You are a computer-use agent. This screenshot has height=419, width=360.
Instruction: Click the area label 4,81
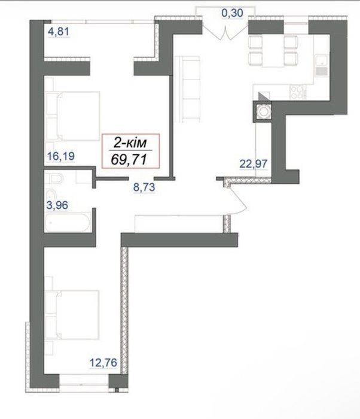(59, 32)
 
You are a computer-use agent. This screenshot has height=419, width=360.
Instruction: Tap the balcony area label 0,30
(232, 13)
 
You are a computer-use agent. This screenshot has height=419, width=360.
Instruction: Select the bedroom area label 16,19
(60, 156)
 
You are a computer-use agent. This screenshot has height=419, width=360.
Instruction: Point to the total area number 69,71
(129, 160)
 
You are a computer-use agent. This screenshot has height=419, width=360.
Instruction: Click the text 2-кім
(130, 142)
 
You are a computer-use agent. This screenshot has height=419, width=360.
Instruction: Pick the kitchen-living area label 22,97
(253, 163)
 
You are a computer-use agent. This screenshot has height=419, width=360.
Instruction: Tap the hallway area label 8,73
(144, 187)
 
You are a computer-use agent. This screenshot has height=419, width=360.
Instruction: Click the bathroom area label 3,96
(57, 205)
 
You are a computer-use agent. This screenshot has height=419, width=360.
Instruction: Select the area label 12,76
(103, 363)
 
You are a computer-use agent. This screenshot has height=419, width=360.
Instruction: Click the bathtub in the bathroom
(68, 222)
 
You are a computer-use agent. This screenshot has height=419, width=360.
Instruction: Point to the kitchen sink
(321, 65)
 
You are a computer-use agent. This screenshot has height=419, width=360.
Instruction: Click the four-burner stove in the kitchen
(298, 92)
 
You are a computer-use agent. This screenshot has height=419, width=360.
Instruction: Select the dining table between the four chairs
(273, 51)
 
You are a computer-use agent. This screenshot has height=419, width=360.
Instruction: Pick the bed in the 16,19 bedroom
(72, 116)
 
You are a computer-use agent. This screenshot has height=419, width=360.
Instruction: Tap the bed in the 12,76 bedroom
(72, 315)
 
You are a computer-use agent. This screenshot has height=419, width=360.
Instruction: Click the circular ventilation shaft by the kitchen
(263, 111)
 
